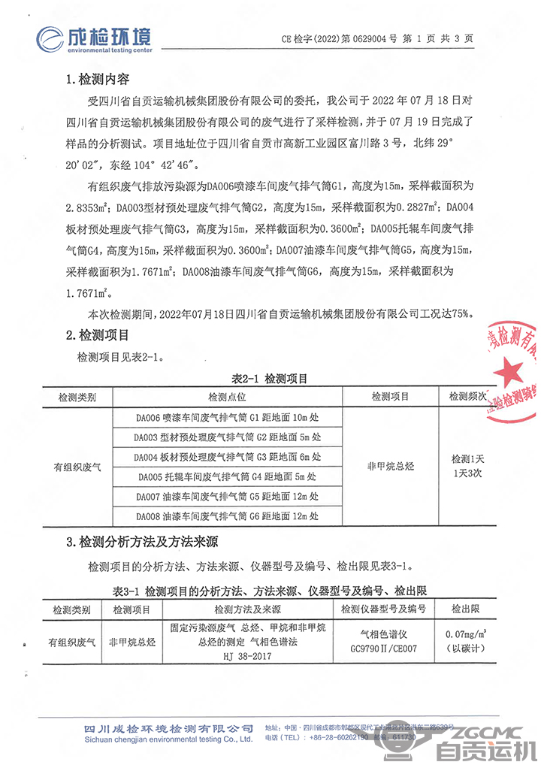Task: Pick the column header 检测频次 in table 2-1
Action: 468,396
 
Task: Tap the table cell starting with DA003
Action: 227,437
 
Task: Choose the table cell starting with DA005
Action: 227,476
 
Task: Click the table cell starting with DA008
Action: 227,516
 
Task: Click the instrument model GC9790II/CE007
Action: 383,648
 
